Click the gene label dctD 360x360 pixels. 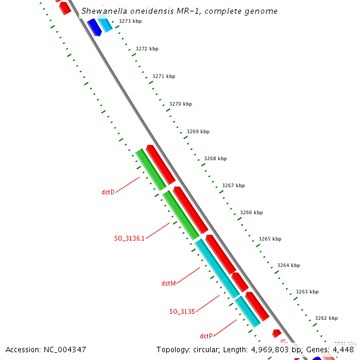108,192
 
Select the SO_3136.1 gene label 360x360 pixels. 130,238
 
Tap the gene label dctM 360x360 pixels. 169,283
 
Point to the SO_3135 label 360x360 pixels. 182,311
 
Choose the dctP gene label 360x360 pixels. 206,336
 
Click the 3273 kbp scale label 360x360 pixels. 130,21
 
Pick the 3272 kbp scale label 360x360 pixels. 147,49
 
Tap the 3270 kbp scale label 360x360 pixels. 181,104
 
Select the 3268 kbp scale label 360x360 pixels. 215,158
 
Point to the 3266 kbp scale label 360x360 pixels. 251,212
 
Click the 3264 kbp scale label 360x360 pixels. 288,265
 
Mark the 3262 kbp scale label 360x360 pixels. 326,318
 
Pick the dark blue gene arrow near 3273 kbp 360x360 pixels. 94,27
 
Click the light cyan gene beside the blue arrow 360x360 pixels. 105,25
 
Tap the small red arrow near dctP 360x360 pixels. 277,333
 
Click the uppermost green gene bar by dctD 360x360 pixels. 150,169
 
